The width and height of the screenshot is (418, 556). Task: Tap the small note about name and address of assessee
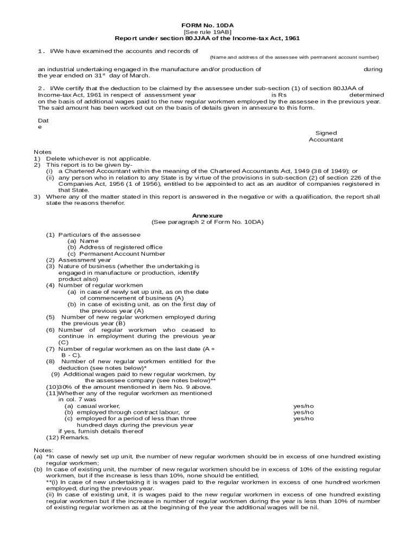point(294,57)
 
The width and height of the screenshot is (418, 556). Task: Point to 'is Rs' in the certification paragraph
point(278,94)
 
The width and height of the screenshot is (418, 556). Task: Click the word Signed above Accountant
point(326,133)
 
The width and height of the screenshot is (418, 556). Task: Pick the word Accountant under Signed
point(326,140)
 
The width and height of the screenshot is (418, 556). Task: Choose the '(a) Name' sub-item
point(83,241)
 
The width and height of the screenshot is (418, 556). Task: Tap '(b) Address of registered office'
point(115,248)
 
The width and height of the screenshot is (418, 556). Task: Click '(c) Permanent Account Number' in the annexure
point(116,254)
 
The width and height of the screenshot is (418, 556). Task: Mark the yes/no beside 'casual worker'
point(303,406)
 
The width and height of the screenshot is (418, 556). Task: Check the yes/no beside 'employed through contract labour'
point(303,413)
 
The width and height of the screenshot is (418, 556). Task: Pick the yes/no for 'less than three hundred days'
point(303,419)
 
